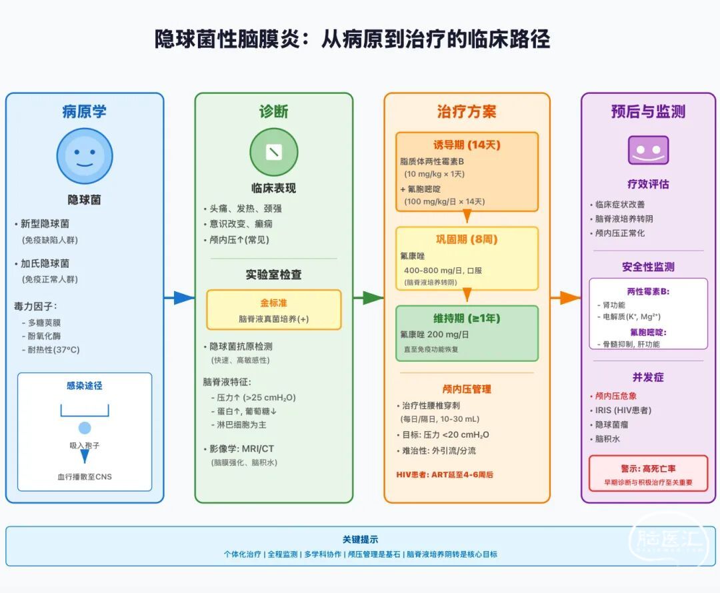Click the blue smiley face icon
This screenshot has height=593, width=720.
(85, 156)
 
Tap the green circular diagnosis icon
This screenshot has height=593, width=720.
(273, 153)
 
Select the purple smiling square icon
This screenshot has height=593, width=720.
(648, 150)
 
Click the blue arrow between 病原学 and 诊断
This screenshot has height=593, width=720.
(179, 298)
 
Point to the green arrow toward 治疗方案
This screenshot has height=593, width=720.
(369, 298)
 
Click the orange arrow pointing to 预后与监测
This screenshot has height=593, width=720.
(566, 298)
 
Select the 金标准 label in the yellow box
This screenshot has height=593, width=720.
(273, 303)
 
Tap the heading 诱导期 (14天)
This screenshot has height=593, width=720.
(467, 145)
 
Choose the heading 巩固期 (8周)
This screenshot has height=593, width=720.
(467, 239)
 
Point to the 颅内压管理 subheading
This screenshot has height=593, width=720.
(467, 388)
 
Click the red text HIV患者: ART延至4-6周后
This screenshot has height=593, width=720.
(445, 475)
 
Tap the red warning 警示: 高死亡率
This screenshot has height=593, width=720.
(648, 468)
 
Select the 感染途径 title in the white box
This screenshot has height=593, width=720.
(85, 386)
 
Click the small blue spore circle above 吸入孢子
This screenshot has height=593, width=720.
(85, 428)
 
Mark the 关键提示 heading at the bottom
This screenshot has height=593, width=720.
(360, 540)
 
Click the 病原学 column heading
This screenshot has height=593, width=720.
(85, 111)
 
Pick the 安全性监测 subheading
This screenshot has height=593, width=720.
(648, 267)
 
